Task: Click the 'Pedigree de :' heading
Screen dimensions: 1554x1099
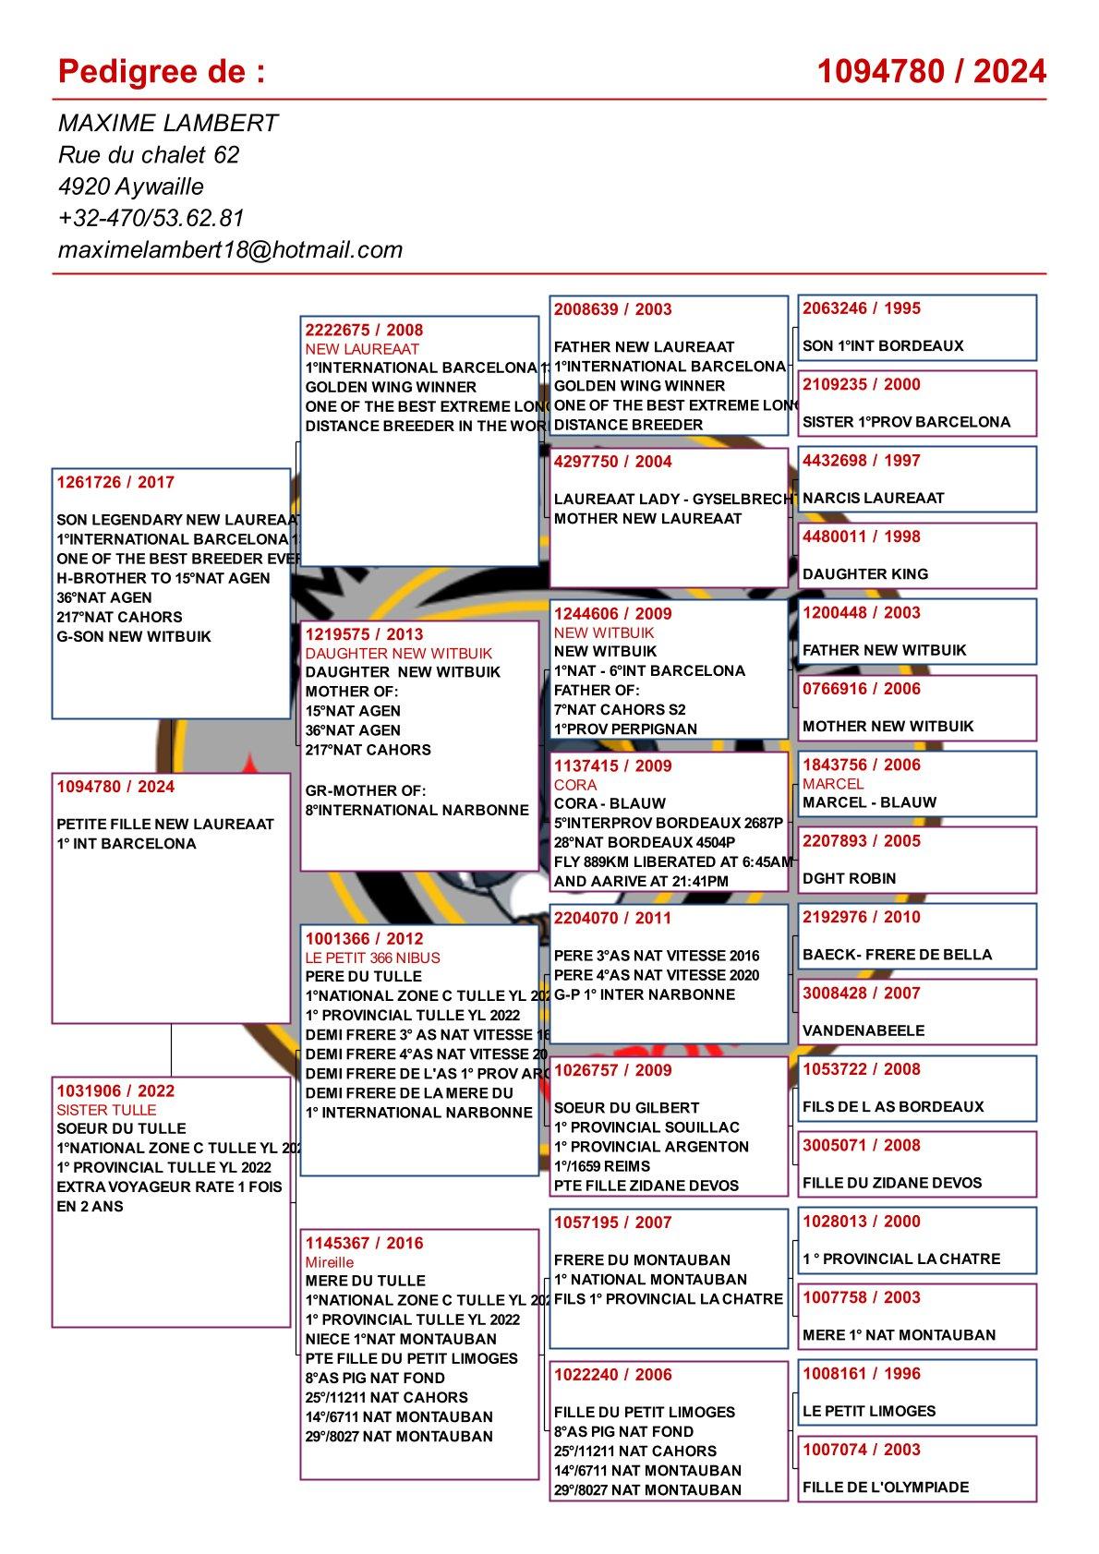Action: coord(161,71)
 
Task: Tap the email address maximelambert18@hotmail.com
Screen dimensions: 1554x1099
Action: coord(230,249)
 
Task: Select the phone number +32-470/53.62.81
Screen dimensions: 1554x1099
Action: coord(151,218)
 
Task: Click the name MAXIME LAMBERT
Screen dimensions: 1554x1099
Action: coord(168,123)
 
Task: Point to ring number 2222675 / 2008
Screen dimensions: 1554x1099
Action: coord(364,330)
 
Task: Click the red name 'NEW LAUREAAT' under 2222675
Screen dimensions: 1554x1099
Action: coord(362,349)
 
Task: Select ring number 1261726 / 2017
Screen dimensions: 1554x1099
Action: coord(115,482)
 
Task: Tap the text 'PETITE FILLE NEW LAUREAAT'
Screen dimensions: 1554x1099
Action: coord(165,824)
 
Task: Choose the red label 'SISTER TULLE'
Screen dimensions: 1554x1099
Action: coord(106,1110)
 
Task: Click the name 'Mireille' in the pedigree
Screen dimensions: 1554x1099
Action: coord(330,1262)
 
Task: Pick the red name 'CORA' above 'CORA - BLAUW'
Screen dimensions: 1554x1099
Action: coord(575,785)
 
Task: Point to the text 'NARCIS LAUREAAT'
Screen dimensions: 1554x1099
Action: coord(873,498)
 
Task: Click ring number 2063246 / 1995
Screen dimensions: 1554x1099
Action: coord(861,308)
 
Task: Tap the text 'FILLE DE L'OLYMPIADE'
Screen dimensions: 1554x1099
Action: coord(886,1487)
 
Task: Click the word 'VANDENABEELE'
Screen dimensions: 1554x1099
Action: coord(863,1030)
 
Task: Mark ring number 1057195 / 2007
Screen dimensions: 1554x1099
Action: coord(612,1223)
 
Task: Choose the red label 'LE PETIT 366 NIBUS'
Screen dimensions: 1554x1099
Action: coord(373,958)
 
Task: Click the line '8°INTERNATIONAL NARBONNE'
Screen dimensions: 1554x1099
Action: coord(417,810)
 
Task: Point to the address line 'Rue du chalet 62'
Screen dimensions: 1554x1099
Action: coord(149,154)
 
